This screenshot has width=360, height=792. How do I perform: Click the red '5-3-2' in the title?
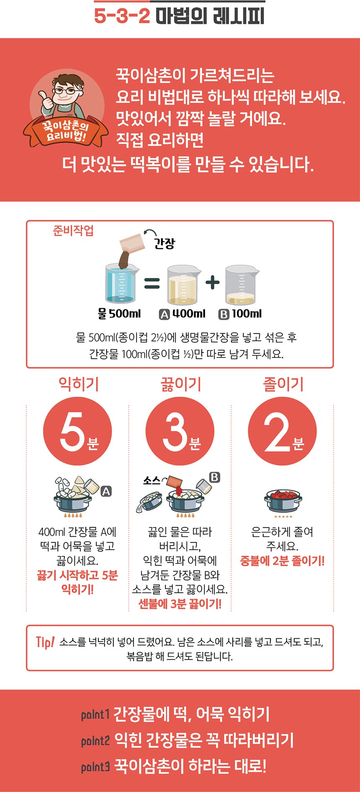(x=122, y=16)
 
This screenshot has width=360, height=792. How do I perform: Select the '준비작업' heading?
(x=73, y=231)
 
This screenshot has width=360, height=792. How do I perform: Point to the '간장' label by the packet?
(x=165, y=243)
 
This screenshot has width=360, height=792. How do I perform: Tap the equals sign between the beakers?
(x=152, y=283)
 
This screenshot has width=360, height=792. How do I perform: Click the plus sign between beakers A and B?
(x=213, y=282)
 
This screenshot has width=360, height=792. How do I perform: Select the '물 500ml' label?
(x=119, y=314)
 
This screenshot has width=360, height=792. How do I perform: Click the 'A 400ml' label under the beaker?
(x=183, y=314)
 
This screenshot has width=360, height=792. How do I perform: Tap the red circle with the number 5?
(x=78, y=432)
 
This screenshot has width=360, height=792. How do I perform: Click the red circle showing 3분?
(x=180, y=432)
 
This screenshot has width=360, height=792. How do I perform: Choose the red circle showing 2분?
(x=282, y=432)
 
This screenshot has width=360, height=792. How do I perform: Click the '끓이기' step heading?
(x=181, y=384)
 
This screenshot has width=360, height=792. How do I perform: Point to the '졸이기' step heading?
(x=283, y=384)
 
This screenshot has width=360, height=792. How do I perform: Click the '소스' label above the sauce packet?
(x=152, y=481)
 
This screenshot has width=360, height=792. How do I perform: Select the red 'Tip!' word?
(x=45, y=642)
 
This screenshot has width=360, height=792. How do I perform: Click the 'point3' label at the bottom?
(x=95, y=767)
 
